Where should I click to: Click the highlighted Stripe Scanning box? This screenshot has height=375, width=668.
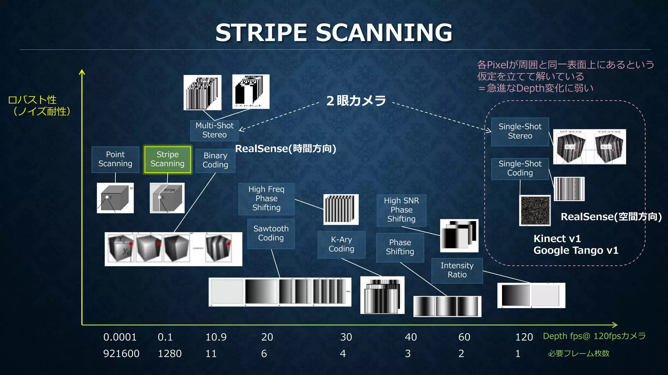click(x=167, y=159)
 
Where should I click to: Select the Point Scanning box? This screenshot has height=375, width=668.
click(x=115, y=159)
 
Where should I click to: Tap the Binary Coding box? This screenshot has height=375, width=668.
click(x=215, y=160)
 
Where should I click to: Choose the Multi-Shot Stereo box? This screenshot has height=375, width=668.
click(x=214, y=130)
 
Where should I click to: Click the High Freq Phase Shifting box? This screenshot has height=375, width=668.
click(x=266, y=199)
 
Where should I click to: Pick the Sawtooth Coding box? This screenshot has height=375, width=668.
click(x=271, y=234)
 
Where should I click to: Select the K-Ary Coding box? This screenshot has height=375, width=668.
click(x=341, y=244)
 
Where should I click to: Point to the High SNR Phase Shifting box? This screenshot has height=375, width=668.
click(x=401, y=210)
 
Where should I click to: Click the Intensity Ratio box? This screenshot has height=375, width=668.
click(x=457, y=270)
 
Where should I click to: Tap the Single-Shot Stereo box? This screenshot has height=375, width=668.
click(x=520, y=131)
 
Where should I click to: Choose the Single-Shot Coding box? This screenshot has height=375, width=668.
click(x=520, y=168)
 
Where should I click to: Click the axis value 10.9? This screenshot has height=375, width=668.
click(x=216, y=337)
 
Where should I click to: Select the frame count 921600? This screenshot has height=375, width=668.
click(x=121, y=354)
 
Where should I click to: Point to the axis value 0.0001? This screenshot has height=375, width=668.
click(x=120, y=337)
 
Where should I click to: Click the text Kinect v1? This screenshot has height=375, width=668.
click(x=557, y=239)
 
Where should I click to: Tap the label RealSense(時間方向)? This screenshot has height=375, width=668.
click(x=285, y=149)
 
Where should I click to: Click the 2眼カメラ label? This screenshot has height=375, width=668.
click(x=356, y=101)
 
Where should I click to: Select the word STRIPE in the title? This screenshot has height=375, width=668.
click(x=261, y=33)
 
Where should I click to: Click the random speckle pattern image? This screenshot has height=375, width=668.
click(x=535, y=210)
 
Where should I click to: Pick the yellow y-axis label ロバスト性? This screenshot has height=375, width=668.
click(x=32, y=100)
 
